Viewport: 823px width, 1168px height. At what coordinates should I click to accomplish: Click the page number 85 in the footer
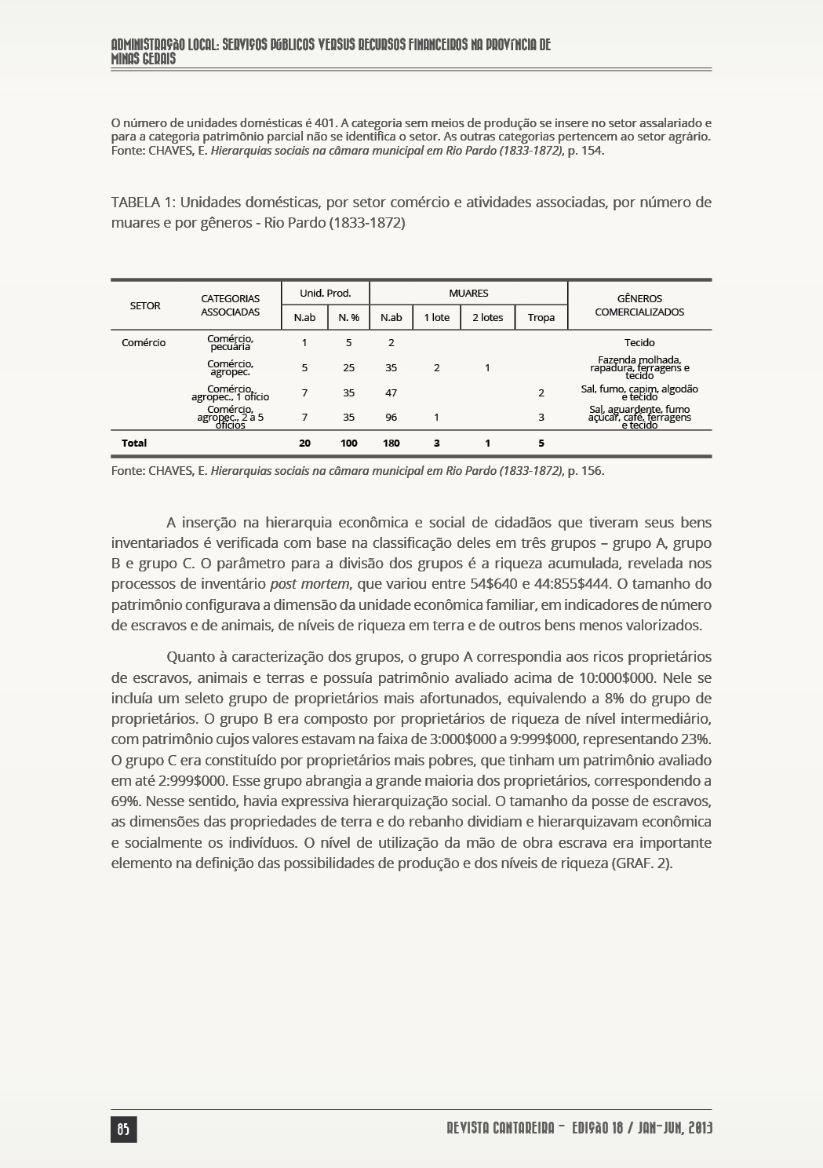pos(123,1129)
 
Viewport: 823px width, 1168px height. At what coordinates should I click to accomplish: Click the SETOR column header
pos(145,305)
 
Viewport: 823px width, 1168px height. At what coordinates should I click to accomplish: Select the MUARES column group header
pos(468,293)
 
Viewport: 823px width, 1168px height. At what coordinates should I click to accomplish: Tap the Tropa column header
pos(541,317)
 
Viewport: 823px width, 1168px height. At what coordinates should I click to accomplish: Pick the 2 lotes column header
pos(487,317)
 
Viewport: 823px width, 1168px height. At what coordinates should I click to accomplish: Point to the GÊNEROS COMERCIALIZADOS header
pos(639,305)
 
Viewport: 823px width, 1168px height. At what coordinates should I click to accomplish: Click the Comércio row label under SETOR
pos(144,342)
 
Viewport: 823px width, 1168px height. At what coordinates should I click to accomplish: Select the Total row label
pos(134,443)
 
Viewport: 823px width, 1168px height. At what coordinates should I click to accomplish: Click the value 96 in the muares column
pos(391,418)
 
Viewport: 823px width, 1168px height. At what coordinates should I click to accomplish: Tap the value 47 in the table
pos(391,392)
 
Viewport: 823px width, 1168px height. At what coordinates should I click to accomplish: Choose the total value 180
pos(391,443)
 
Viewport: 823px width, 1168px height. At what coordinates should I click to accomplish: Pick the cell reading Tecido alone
pos(639,342)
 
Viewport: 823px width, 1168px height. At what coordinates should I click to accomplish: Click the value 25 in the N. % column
pos(348,367)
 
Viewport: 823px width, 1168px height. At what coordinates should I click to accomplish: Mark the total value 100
pos(348,443)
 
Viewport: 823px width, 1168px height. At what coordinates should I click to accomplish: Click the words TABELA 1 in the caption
pos(142,203)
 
